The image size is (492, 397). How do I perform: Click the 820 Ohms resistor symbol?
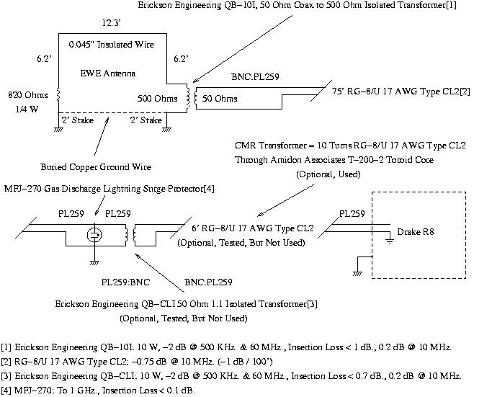click(x=58, y=95)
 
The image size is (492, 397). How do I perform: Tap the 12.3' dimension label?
click(x=112, y=23)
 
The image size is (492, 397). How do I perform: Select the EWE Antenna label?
click(x=108, y=73)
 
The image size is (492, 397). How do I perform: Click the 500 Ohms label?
click(x=158, y=99)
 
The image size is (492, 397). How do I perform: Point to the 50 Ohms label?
click(x=220, y=99)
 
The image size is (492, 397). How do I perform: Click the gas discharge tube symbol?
click(x=94, y=235)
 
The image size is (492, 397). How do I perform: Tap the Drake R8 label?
click(x=416, y=232)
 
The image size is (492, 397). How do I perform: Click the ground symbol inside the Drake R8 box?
click(x=390, y=241)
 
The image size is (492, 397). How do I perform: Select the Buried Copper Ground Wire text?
click(x=96, y=167)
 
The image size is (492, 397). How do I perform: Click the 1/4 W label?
click(x=27, y=110)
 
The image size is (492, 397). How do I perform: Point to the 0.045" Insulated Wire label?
click(x=112, y=45)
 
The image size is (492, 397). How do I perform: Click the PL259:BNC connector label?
click(x=125, y=282)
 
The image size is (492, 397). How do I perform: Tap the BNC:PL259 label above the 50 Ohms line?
click(x=255, y=77)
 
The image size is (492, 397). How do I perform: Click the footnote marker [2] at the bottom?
click(x=6, y=362)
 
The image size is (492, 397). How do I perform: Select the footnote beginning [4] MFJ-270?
click(x=98, y=391)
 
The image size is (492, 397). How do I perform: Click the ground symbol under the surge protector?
click(x=94, y=263)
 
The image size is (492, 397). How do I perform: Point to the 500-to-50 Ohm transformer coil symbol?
click(x=192, y=97)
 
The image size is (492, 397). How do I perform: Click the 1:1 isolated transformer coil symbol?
click(x=130, y=235)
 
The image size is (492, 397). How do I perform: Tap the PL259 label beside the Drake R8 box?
click(x=352, y=214)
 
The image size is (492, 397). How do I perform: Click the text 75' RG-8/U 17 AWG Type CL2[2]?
click(x=401, y=92)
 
